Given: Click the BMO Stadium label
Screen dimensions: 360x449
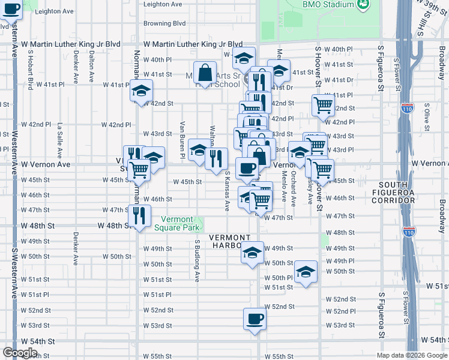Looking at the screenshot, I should click(328, 4).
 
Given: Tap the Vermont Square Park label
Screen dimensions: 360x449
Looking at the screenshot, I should click(177, 223).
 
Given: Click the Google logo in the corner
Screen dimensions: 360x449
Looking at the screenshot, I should click(20, 353).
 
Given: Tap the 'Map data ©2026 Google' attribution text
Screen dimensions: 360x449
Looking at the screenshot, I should click(411, 355).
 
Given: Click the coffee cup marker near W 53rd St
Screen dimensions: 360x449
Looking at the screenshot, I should click(254, 319).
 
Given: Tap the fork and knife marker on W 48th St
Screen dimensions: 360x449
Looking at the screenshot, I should click(139, 215).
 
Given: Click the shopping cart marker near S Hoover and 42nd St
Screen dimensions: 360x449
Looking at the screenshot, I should click(323, 106).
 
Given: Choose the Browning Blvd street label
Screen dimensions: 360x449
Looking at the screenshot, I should click(164, 24).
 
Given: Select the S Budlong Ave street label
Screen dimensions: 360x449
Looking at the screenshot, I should click(197, 260).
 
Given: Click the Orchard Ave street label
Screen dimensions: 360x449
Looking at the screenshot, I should click(293, 182).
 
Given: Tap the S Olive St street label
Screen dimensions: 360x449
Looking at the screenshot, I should click(427, 116).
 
